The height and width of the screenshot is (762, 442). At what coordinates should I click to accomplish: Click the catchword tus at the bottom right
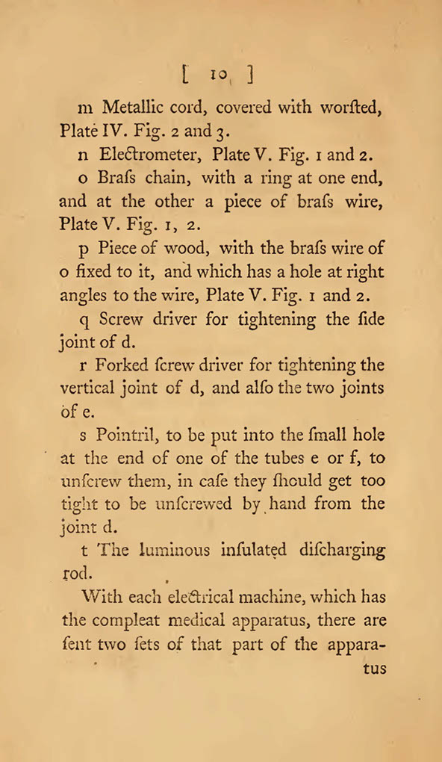click(373, 669)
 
